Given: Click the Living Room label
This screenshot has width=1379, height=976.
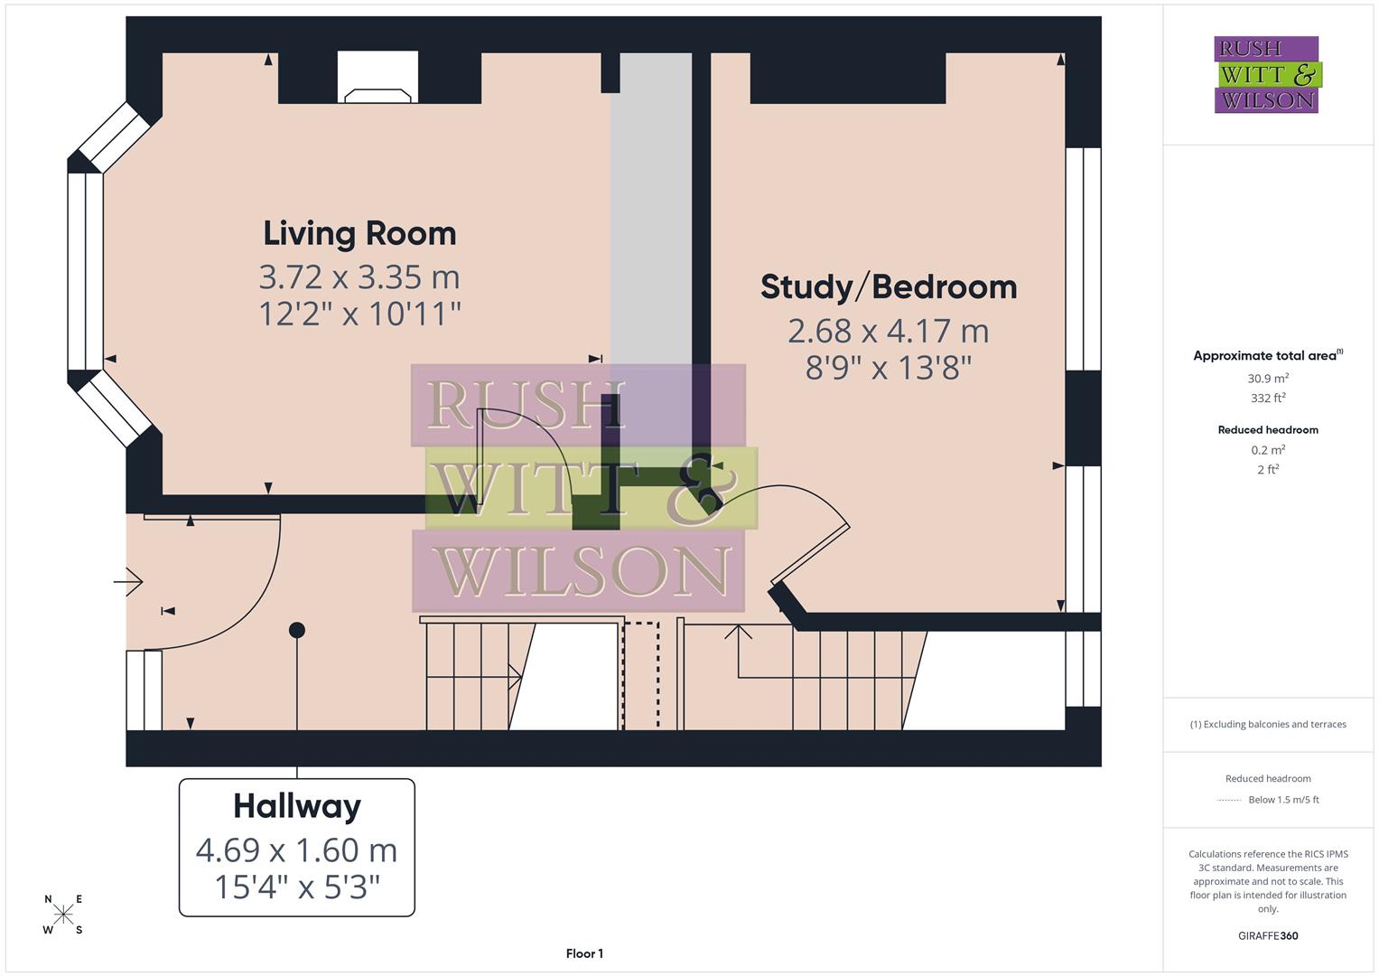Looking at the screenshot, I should click(359, 233).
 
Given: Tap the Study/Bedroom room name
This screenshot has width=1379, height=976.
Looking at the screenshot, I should click(888, 287).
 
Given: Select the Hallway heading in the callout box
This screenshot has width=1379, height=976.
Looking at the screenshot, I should click(297, 806).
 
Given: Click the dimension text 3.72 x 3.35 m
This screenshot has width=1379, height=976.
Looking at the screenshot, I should click(359, 276).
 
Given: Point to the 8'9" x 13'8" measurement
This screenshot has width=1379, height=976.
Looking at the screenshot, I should click(888, 368).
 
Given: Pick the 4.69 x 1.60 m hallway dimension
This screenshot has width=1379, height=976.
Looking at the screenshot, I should click(297, 850).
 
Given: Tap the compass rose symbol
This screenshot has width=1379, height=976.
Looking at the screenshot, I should click(63, 915).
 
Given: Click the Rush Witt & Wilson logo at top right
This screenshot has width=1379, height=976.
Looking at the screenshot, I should click(1266, 74).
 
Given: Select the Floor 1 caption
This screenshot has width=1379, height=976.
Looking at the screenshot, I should click(584, 953).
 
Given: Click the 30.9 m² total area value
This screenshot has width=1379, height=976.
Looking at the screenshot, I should click(1267, 379).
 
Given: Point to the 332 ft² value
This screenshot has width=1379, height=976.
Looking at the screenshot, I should click(1267, 398).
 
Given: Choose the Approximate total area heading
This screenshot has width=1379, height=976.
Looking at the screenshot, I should click(1267, 355).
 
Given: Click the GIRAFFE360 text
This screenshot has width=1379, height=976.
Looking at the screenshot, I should click(1267, 935).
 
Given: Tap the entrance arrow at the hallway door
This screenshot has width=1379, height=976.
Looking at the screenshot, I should click(129, 582).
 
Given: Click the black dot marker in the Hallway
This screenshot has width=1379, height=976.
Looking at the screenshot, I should click(297, 630).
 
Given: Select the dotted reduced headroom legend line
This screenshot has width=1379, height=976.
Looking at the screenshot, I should click(1229, 800).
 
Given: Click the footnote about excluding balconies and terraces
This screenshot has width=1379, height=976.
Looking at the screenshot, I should click(1267, 724).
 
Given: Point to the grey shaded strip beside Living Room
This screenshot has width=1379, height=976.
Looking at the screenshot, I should click(651, 226).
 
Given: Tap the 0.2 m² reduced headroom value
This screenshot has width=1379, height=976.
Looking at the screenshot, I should click(1267, 450).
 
